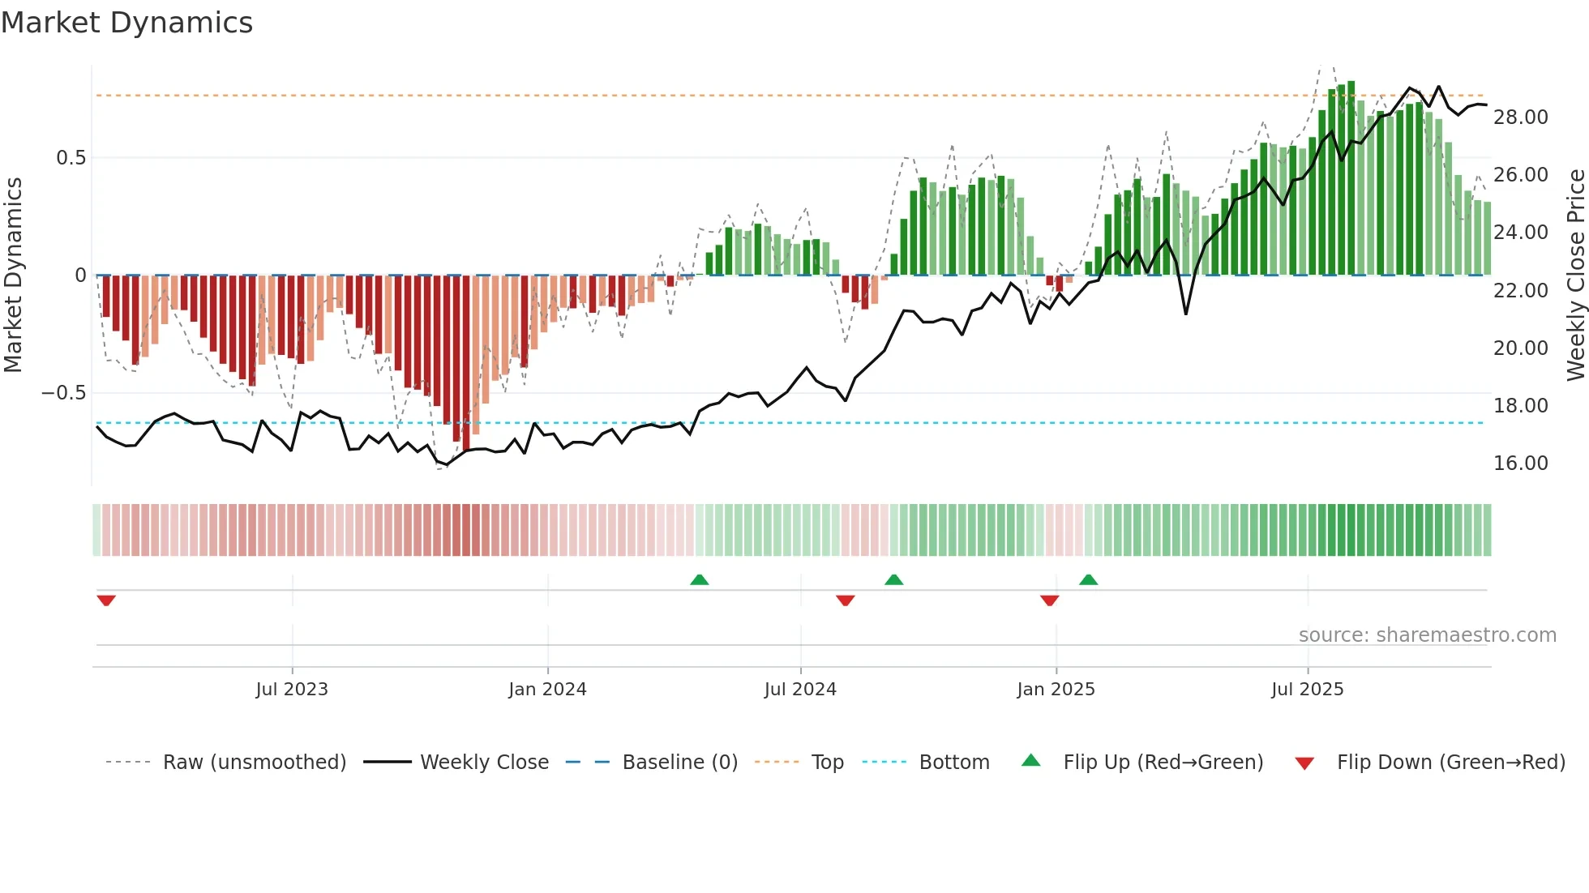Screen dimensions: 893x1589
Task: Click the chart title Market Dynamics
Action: (126, 23)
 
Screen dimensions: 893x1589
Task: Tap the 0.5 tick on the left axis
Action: (71, 158)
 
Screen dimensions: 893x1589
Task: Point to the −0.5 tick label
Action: (63, 393)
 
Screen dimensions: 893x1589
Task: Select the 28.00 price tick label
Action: (1520, 117)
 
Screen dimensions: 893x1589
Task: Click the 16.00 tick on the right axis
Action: (1520, 464)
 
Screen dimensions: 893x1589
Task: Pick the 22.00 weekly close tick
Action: (1520, 290)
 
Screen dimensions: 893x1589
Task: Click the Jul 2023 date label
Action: (292, 690)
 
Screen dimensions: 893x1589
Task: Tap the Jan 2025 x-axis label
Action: (1056, 690)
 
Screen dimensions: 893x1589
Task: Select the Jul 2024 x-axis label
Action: (800, 690)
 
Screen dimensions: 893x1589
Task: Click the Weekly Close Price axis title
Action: (1575, 275)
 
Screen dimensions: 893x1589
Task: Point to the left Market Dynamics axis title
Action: (13, 275)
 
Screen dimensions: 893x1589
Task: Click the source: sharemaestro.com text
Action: (1427, 635)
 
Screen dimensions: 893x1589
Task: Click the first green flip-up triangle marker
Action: (699, 579)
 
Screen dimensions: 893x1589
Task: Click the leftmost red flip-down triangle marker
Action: (106, 600)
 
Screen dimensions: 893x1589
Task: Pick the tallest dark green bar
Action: (1351, 178)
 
